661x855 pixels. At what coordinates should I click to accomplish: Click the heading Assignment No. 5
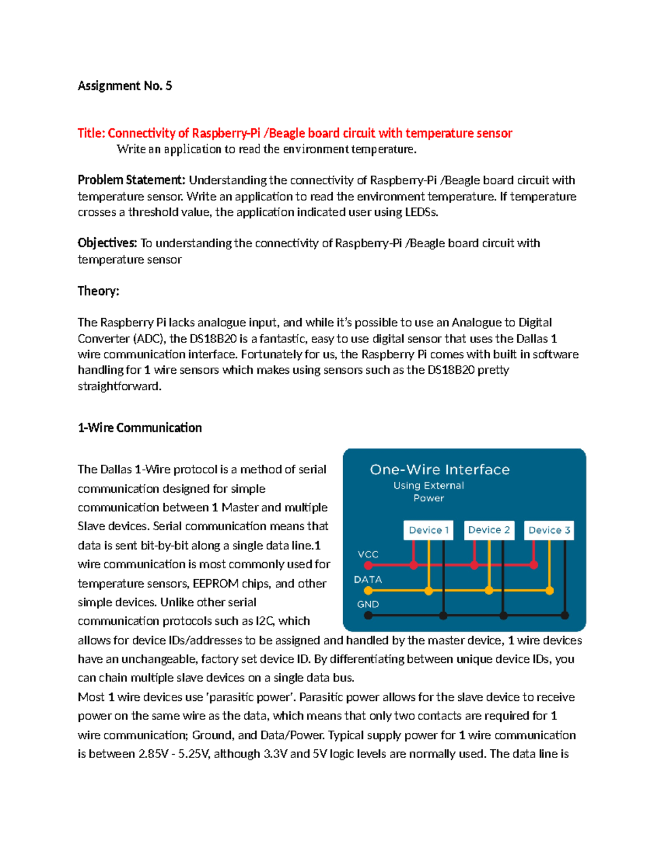[x=124, y=86]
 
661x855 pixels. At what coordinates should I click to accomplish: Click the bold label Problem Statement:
[x=131, y=180]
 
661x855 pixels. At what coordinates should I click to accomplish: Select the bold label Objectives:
[x=107, y=243]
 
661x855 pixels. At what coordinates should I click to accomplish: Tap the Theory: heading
[x=98, y=291]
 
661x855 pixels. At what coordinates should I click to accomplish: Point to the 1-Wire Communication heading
[x=139, y=428]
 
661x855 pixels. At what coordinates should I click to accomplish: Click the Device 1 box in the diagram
[x=428, y=530]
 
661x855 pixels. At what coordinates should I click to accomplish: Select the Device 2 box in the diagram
[x=489, y=530]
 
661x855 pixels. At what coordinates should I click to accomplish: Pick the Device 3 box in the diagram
[x=549, y=530]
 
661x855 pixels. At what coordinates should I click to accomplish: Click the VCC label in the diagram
[x=368, y=554]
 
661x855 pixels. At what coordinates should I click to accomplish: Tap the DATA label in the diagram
[x=368, y=580]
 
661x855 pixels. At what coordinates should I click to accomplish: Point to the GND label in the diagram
[x=368, y=605]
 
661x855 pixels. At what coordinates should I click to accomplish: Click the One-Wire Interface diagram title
[x=440, y=470]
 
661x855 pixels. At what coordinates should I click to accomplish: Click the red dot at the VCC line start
[x=369, y=565]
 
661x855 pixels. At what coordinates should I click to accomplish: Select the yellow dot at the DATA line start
[x=369, y=591]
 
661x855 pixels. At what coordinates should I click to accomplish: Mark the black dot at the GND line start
[x=369, y=616]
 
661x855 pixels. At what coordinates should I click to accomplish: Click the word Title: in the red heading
[x=91, y=133]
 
